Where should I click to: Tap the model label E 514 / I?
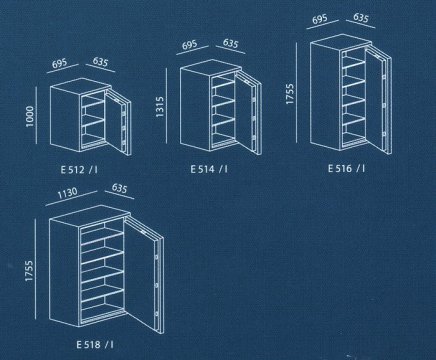pyautogui.click(x=212, y=170)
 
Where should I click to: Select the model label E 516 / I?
pyautogui.click(x=343, y=170)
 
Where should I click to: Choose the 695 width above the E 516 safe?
pyautogui.click(x=320, y=20)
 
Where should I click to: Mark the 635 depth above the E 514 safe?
pyautogui.click(x=230, y=44)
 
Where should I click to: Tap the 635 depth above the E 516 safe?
pyautogui.click(x=360, y=20)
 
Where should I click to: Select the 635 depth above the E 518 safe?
pyautogui.click(x=122, y=188)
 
